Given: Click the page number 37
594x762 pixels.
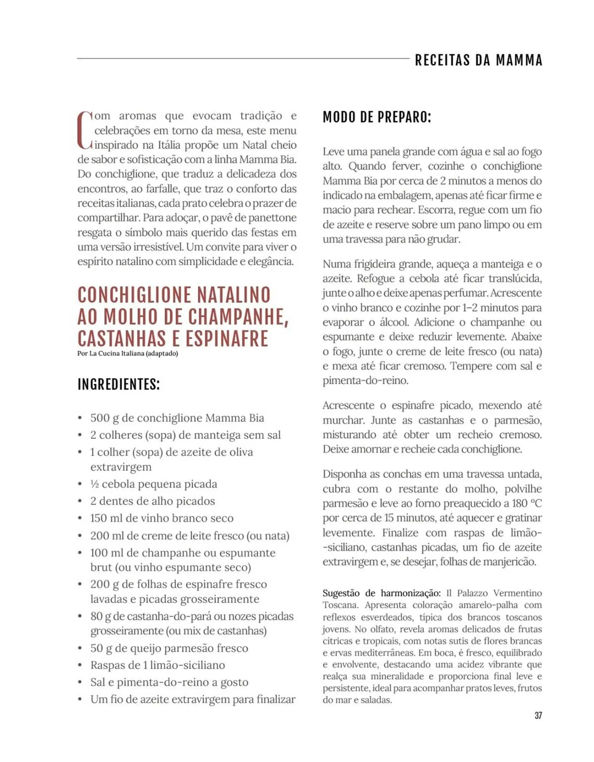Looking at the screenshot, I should tap(538, 716).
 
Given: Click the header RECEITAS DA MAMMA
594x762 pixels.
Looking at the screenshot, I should tap(478, 60).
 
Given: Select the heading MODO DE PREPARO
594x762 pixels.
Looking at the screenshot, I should tap(377, 117).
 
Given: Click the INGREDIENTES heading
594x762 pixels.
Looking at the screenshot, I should tap(118, 384).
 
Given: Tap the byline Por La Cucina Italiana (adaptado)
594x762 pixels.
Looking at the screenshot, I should tap(128, 353).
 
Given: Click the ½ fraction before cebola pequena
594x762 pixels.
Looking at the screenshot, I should tap(94, 484).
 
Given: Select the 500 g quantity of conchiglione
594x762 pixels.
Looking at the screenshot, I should tap(104, 418).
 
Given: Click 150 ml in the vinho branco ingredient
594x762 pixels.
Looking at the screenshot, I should tap(104, 518).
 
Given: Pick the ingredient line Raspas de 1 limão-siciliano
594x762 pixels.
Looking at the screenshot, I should tap(157, 665).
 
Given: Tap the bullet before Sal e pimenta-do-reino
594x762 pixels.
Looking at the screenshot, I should tap(80, 682).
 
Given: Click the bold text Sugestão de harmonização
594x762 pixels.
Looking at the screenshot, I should tap(381, 593).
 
